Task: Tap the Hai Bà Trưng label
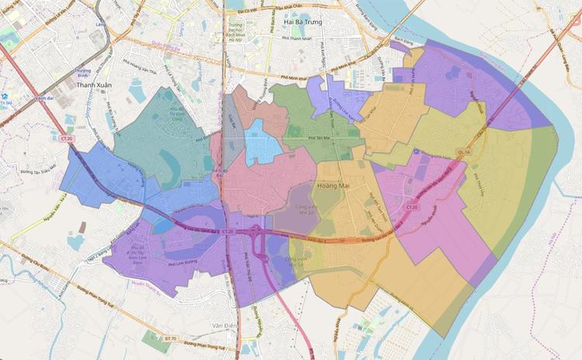point(304,22)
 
